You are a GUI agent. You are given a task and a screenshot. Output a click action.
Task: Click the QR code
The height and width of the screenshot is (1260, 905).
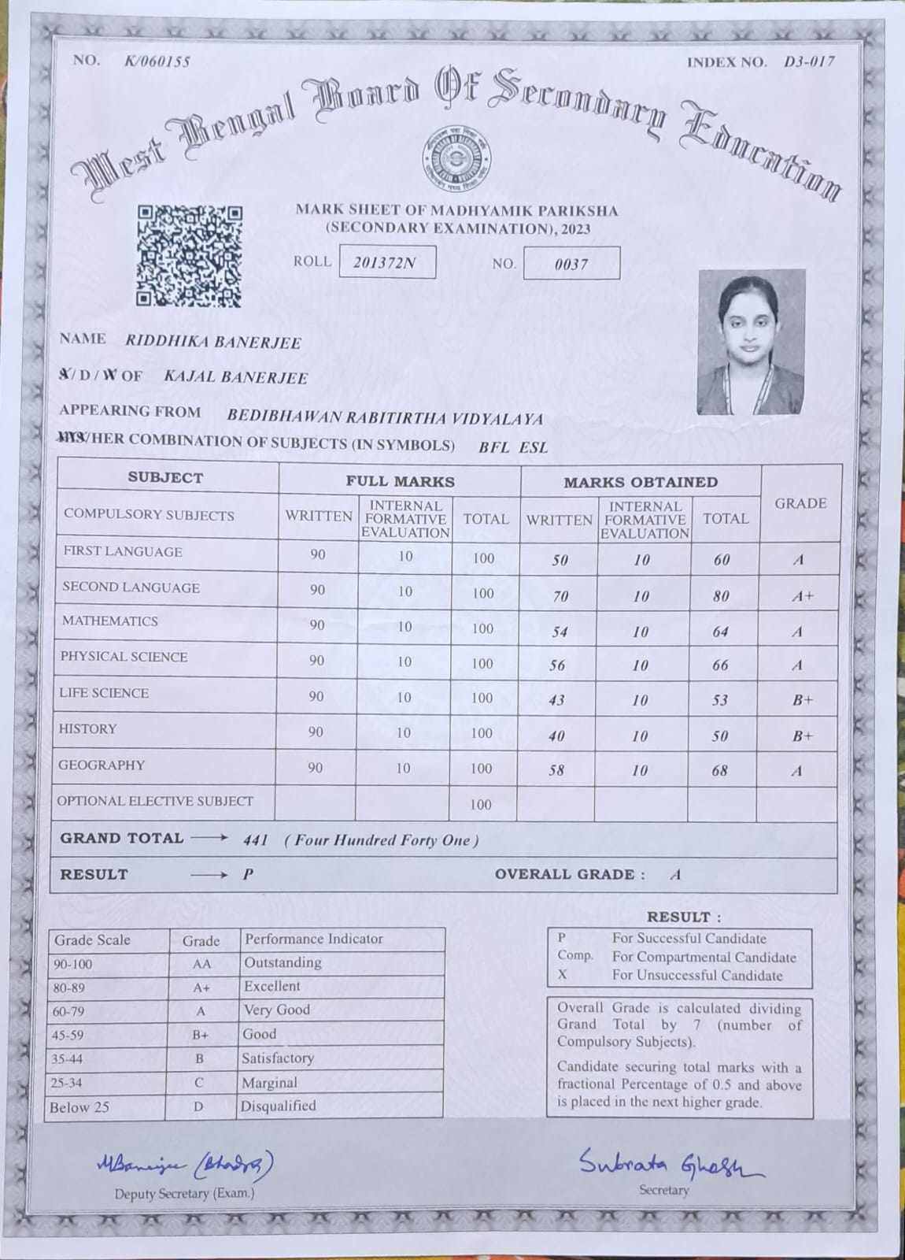(189, 255)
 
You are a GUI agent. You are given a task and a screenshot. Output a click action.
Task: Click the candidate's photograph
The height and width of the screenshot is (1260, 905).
(752, 342)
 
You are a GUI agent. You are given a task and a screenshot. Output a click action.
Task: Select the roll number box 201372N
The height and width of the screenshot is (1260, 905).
(386, 262)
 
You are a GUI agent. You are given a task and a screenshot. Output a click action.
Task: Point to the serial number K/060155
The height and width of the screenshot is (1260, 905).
(157, 61)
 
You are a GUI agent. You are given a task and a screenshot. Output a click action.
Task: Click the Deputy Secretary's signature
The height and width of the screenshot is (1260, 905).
(186, 1163)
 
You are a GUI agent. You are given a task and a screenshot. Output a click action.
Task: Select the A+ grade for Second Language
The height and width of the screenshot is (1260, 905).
(802, 596)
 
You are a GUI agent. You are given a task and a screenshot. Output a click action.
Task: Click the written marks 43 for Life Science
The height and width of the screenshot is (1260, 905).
(557, 700)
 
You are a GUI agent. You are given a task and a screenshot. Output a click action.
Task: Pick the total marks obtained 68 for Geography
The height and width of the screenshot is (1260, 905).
(719, 770)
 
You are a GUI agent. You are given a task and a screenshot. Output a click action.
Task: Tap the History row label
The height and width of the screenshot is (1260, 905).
(87, 729)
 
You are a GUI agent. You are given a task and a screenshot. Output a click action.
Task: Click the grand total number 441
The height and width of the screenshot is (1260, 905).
(256, 840)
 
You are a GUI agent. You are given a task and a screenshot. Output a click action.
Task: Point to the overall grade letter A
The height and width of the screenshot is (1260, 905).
(675, 875)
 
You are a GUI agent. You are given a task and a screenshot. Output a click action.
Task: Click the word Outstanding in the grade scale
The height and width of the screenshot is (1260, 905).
(283, 962)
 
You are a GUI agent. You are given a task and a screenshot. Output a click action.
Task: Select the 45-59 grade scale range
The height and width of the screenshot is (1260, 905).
(68, 1035)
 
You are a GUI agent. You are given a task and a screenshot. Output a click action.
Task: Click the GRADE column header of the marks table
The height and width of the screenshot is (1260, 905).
(800, 504)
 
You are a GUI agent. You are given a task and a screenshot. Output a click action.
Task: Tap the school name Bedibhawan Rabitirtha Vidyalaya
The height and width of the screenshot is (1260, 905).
(385, 418)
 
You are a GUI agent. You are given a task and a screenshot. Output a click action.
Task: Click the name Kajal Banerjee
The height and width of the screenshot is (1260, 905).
(235, 377)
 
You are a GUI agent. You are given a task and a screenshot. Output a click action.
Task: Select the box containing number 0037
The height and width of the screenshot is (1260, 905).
(571, 264)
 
